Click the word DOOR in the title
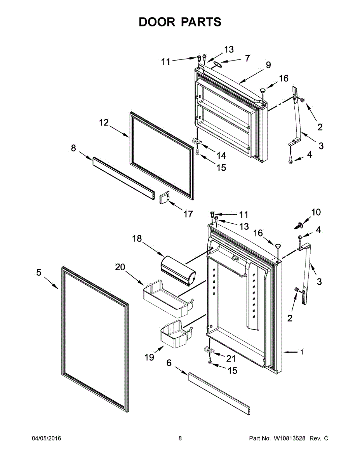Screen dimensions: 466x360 (x=157, y=22)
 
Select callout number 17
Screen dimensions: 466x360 (x=188, y=214)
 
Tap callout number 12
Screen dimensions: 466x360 (x=104, y=123)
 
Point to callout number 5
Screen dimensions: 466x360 (x=38, y=273)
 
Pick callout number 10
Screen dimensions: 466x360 (x=316, y=212)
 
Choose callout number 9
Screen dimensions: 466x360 (x=268, y=65)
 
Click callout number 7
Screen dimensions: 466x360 (x=247, y=59)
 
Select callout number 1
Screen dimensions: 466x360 (x=302, y=352)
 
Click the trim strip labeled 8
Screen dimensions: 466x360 (x=123, y=177)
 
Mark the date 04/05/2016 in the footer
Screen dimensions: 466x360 (x=46, y=438)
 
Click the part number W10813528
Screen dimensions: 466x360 (x=290, y=438)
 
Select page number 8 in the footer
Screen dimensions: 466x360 (x=180, y=438)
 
